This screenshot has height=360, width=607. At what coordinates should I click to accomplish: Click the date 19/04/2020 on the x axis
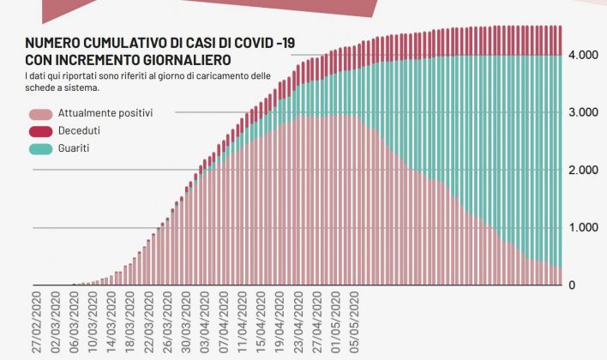[280, 319]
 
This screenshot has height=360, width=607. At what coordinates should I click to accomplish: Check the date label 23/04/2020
[300, 319]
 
